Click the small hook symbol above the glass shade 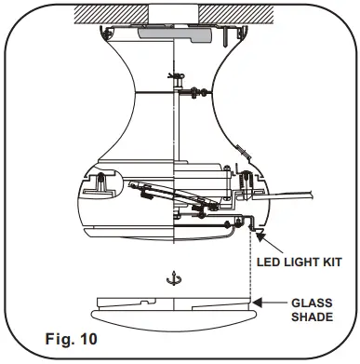click(169, 277)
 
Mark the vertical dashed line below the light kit click(251, 270)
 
